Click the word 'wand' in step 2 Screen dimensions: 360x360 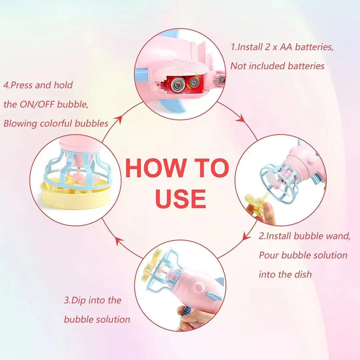click(x=338, y=236)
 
